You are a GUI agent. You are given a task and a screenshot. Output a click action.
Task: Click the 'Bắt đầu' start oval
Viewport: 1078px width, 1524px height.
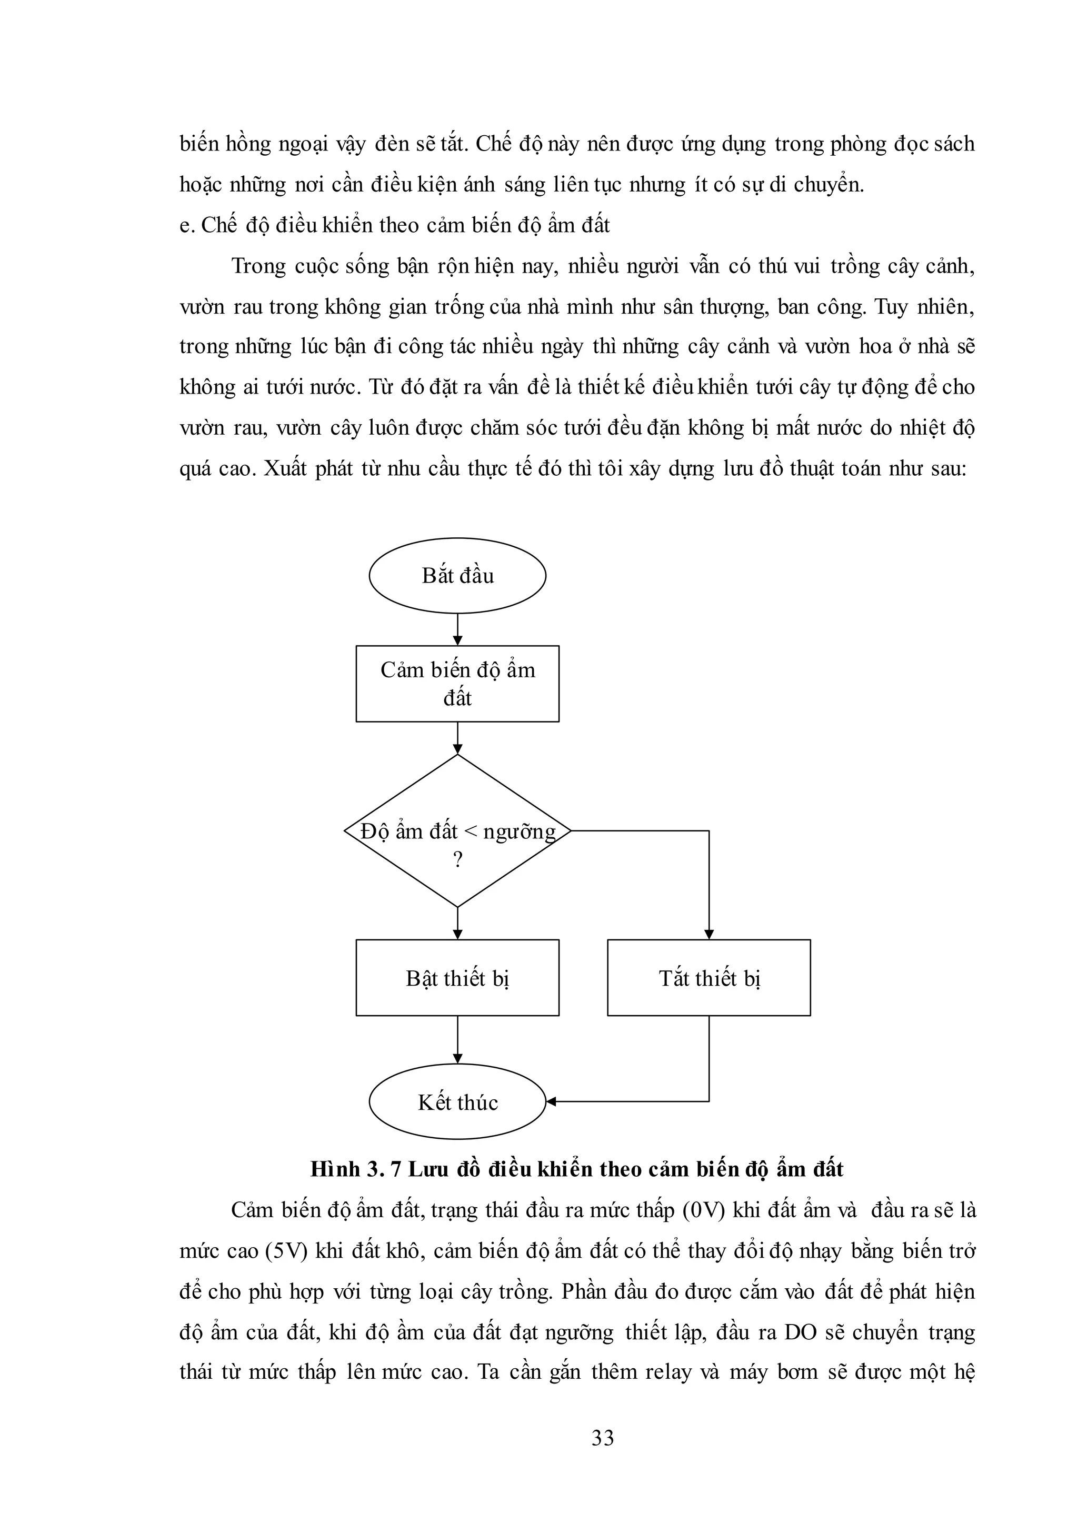coord(457,576)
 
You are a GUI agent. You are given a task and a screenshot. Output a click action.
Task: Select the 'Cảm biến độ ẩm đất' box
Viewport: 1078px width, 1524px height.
coord(457,684)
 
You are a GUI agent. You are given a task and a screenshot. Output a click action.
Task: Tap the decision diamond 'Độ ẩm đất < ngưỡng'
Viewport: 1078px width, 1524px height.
coord(457,831)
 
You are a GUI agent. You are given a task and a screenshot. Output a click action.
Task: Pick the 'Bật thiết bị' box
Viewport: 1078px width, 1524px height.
coord(457,978)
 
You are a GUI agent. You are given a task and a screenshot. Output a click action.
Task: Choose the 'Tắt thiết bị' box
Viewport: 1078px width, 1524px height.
coord(709,978)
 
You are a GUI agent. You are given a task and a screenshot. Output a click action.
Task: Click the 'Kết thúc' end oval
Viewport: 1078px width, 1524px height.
coord(457,1102)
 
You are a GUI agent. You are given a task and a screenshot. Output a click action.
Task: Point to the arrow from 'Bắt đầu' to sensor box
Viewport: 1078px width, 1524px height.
coord(457,630)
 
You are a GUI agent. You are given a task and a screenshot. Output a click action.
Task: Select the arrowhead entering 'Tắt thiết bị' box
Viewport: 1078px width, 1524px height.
coord(709,934)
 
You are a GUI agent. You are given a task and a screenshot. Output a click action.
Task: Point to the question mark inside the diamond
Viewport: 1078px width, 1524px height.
coord(457,861)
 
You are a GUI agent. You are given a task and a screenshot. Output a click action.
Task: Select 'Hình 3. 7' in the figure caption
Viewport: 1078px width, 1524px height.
coord(356,1169)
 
